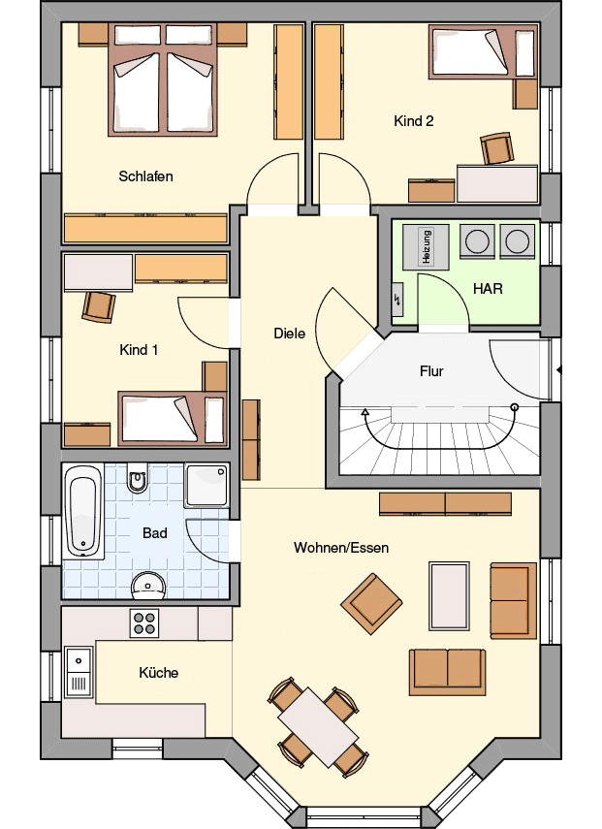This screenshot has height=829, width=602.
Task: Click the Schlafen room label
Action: [145, 176]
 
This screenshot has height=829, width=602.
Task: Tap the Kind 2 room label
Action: [413, 121]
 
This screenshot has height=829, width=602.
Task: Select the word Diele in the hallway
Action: [289, 334]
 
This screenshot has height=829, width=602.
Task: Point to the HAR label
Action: [488, 289]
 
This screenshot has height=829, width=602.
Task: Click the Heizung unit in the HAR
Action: [426, 247]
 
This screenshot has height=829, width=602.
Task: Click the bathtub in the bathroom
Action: [83, 511]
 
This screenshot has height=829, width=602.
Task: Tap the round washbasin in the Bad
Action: [148, 586]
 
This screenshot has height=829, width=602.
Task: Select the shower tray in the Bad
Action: [206, 486]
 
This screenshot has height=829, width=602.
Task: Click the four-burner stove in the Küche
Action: [144, 623]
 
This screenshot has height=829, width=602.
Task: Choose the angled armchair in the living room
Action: [371, 603]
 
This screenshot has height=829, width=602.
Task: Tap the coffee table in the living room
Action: [449, 596]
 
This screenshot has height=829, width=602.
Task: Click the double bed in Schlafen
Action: [163, 80]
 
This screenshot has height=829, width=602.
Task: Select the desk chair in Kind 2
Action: [497, 148]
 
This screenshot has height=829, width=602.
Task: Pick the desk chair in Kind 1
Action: [98, 307]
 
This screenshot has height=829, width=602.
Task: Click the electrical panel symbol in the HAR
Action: [397, 300]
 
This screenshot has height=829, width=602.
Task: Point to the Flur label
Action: [431, 371]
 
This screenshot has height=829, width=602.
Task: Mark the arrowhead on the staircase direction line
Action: [364, 411]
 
